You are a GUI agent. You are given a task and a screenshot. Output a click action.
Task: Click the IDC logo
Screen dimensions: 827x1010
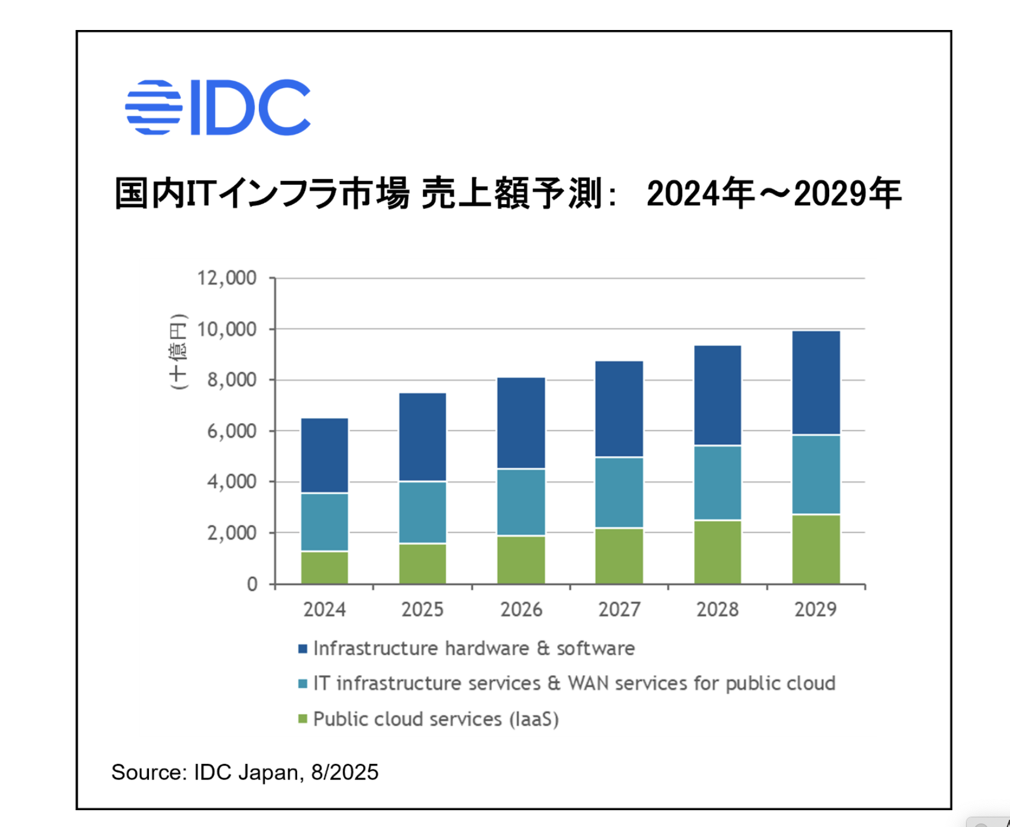(217, 107)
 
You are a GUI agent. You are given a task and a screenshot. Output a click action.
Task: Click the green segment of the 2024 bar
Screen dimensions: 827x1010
(324, 567)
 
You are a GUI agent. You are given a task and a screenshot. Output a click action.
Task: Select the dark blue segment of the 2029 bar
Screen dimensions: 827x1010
(815, 383)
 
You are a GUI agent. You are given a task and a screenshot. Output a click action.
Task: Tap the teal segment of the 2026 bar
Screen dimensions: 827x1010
(521, 502)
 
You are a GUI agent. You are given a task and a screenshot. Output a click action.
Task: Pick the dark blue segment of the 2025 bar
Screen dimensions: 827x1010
(422, 437)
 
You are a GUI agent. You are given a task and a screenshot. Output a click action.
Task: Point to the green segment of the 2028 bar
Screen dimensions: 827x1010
(717, 552)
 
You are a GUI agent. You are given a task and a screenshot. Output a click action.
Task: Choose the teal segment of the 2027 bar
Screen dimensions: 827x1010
(619, 493)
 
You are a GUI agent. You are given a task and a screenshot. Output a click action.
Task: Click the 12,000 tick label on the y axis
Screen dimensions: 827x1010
(226, 278)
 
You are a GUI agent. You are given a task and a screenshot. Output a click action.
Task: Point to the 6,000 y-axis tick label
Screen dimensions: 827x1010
(231, 431)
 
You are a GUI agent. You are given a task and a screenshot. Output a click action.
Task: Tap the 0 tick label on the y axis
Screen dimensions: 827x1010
(252, 584)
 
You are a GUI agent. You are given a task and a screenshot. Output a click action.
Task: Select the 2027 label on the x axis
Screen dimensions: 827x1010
(619, 610)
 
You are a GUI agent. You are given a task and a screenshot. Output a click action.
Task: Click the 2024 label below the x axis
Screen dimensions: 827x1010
(324, 610)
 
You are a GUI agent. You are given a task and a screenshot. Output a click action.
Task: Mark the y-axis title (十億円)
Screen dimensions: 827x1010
(178, 352)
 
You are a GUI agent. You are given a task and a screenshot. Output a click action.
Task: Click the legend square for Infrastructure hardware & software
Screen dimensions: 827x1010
(303, 649)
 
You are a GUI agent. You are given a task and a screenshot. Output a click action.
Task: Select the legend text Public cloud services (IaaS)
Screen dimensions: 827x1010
(436, 719)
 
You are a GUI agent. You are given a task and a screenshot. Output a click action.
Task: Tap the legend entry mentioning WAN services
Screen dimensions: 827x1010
(574, 684)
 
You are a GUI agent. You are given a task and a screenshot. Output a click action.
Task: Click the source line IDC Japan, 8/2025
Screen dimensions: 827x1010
(244, 772)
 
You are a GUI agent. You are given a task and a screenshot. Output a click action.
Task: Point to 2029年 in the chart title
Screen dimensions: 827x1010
(847, 194)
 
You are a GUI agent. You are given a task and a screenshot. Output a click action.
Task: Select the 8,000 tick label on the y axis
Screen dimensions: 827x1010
(231, 380)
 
